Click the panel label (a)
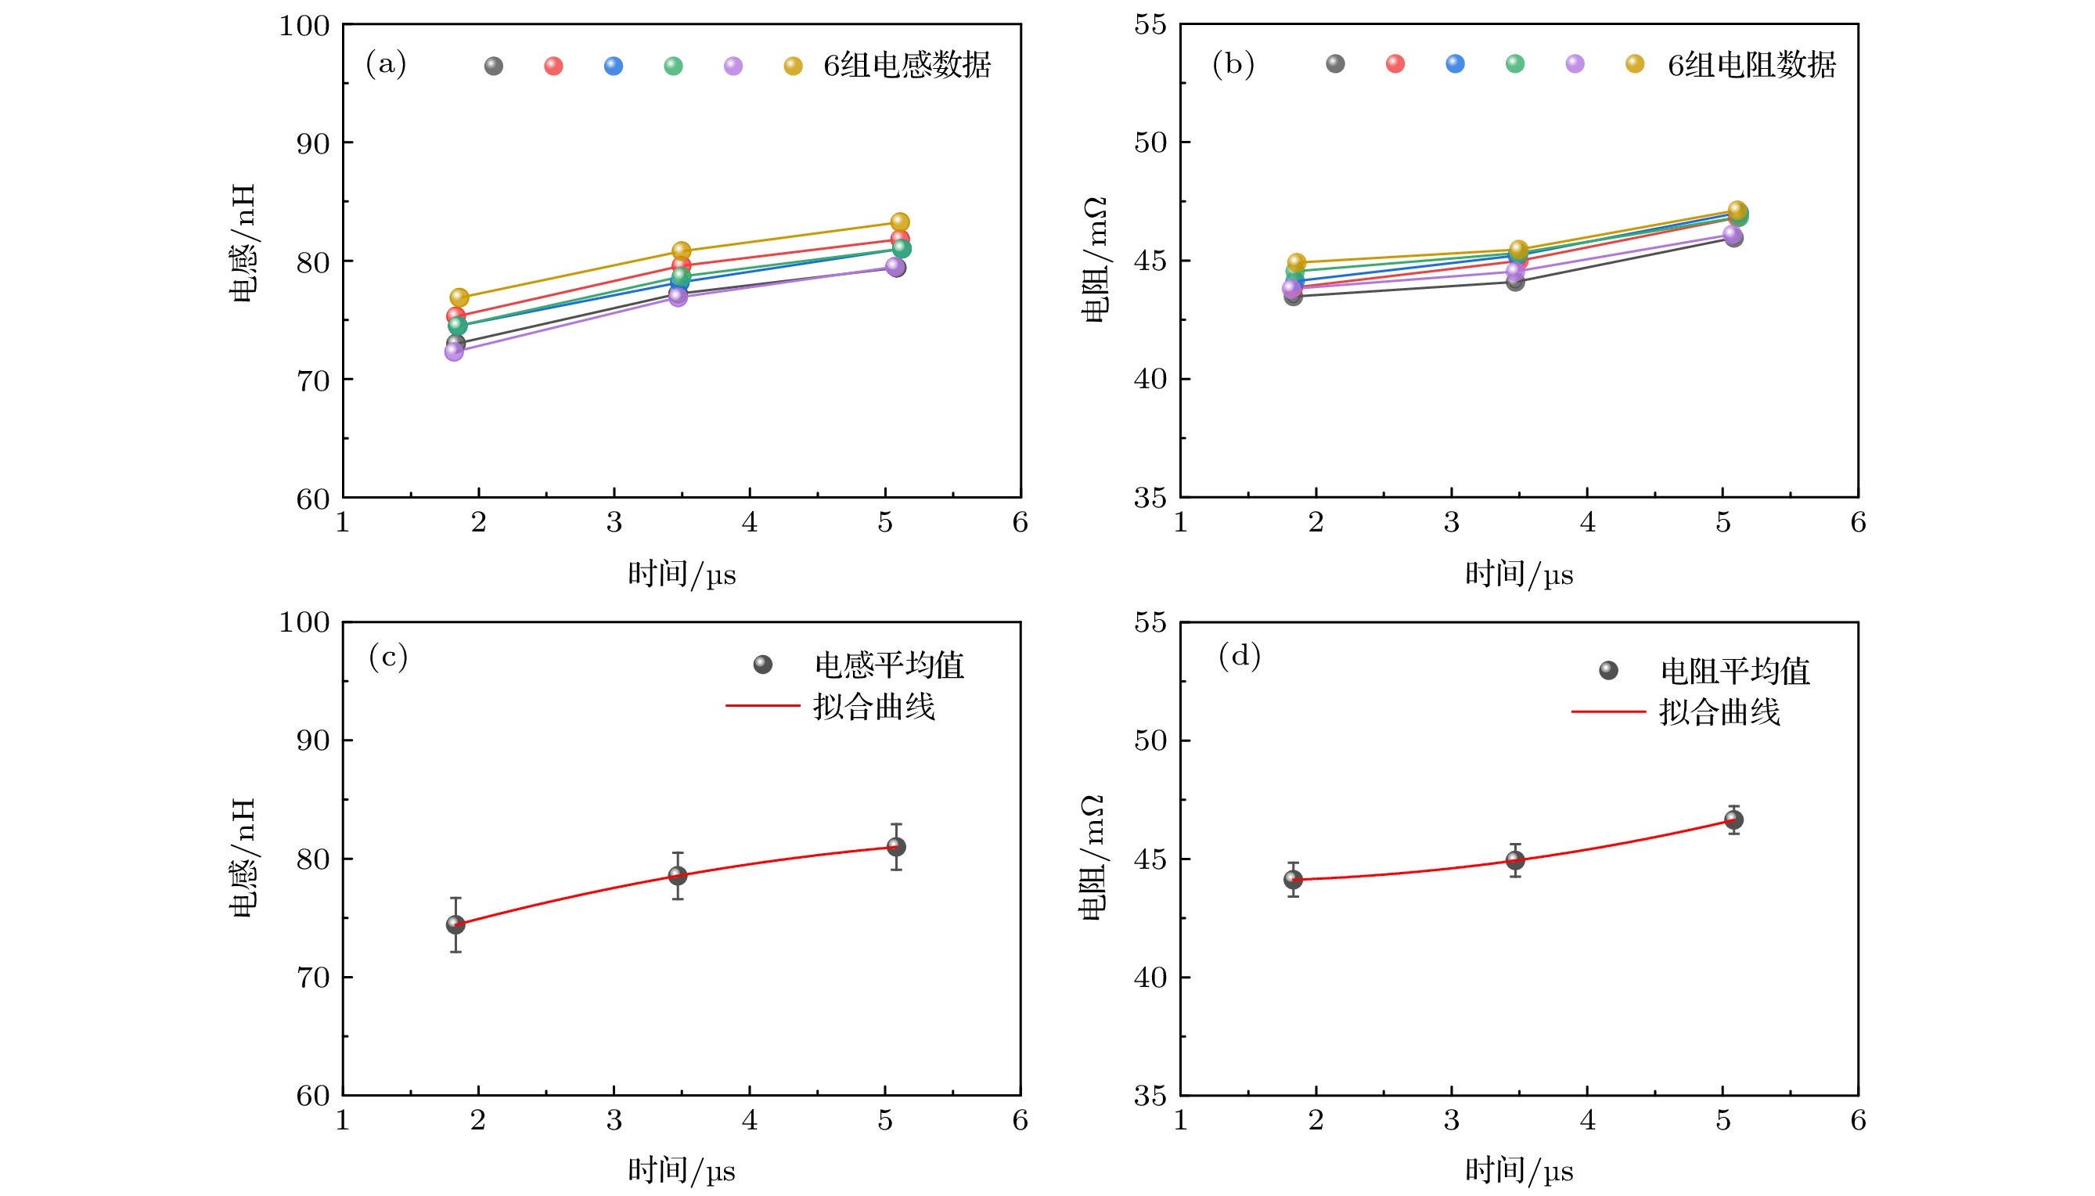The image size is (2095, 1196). click(x=386, y=64)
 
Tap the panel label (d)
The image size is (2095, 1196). click(x=1240, y=655)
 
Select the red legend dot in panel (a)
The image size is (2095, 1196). click(x=553, y=66)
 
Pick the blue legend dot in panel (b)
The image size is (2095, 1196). click(x=1454, y=63)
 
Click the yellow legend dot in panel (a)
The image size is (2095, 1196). click(x=793, y=66)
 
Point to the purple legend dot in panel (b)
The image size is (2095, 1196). click(x=1575, y=63)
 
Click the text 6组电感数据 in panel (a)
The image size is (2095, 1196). click(x=907, y=65)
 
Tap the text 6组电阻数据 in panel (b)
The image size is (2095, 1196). click(x=1751, y=65)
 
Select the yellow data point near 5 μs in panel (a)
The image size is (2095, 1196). click(x=900, y=222)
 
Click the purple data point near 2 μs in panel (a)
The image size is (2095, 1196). click(x=454, y=351)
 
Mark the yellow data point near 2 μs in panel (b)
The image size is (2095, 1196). click(x=1297, y=263)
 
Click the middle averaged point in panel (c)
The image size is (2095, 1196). click(x=678, y=876)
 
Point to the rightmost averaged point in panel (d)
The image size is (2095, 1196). click(x=1733, y=820)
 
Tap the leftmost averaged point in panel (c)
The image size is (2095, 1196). click(x=455, y=925)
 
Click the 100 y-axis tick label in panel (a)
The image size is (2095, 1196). click(x=304, y=26)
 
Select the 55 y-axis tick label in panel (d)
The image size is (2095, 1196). click(x=1150, y=622)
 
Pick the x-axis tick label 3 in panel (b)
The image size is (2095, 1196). click(x=1451, y=522)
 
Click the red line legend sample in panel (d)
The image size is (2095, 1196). click(x=1607, y=711)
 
